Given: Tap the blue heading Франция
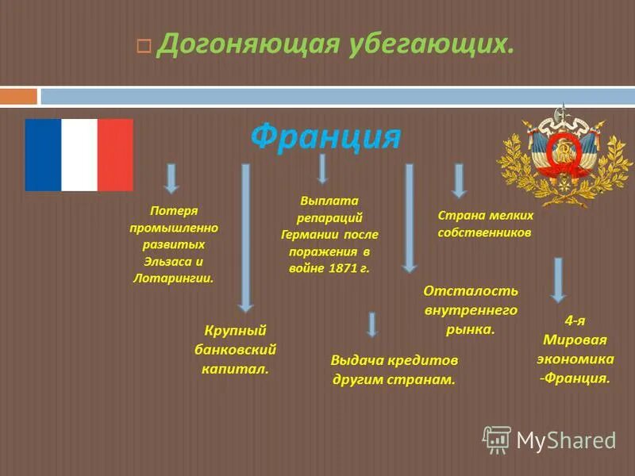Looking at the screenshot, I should (x=325, y=136).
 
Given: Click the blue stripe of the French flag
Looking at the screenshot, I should (x=43, y=155).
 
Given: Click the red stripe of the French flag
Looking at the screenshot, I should (x=115, y=155).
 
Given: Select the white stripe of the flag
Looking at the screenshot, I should (x=79, y=155).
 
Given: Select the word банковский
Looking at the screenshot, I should (x=235, y=349).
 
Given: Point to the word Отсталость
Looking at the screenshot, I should (x=471, y=291).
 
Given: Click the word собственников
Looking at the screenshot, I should (x=484, y=233).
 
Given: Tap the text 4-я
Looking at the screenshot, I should (x=575, y=321).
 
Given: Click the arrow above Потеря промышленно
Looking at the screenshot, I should (x=171, y=178).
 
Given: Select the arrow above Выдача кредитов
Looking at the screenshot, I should (x=372, y=324).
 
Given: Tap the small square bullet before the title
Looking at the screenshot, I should (x=143, y=47).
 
